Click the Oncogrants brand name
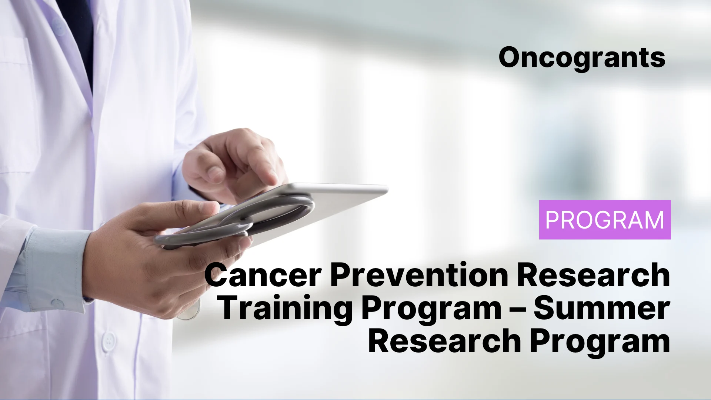[582, 58]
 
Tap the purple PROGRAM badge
[605, 220]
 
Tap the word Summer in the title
[602, 309]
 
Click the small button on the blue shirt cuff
[58, 304]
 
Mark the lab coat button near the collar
[58, 26]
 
